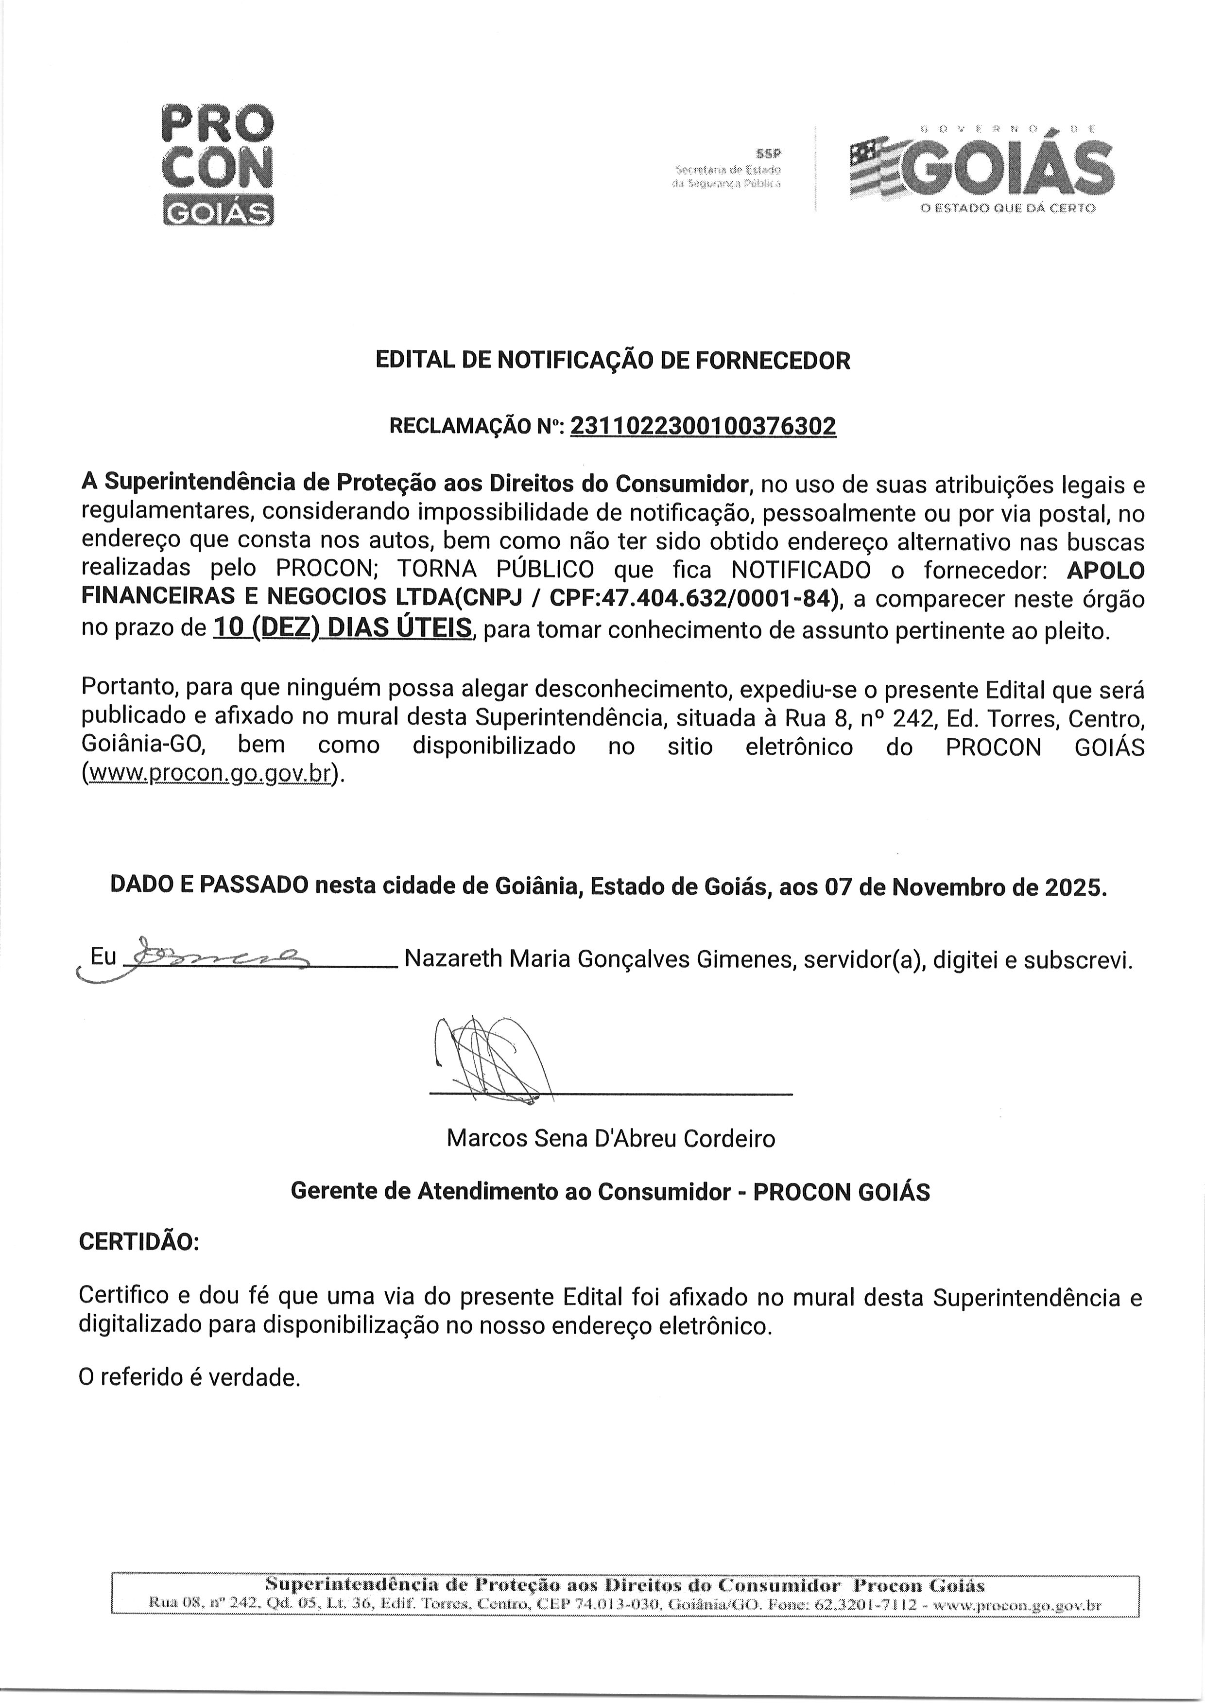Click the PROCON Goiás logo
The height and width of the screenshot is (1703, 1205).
pos(217,165)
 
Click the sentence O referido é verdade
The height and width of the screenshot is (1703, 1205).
pos(189,1378)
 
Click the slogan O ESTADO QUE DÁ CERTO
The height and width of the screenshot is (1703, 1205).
pos(1007,209)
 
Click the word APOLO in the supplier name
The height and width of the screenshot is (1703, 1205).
pos(1105,570)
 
